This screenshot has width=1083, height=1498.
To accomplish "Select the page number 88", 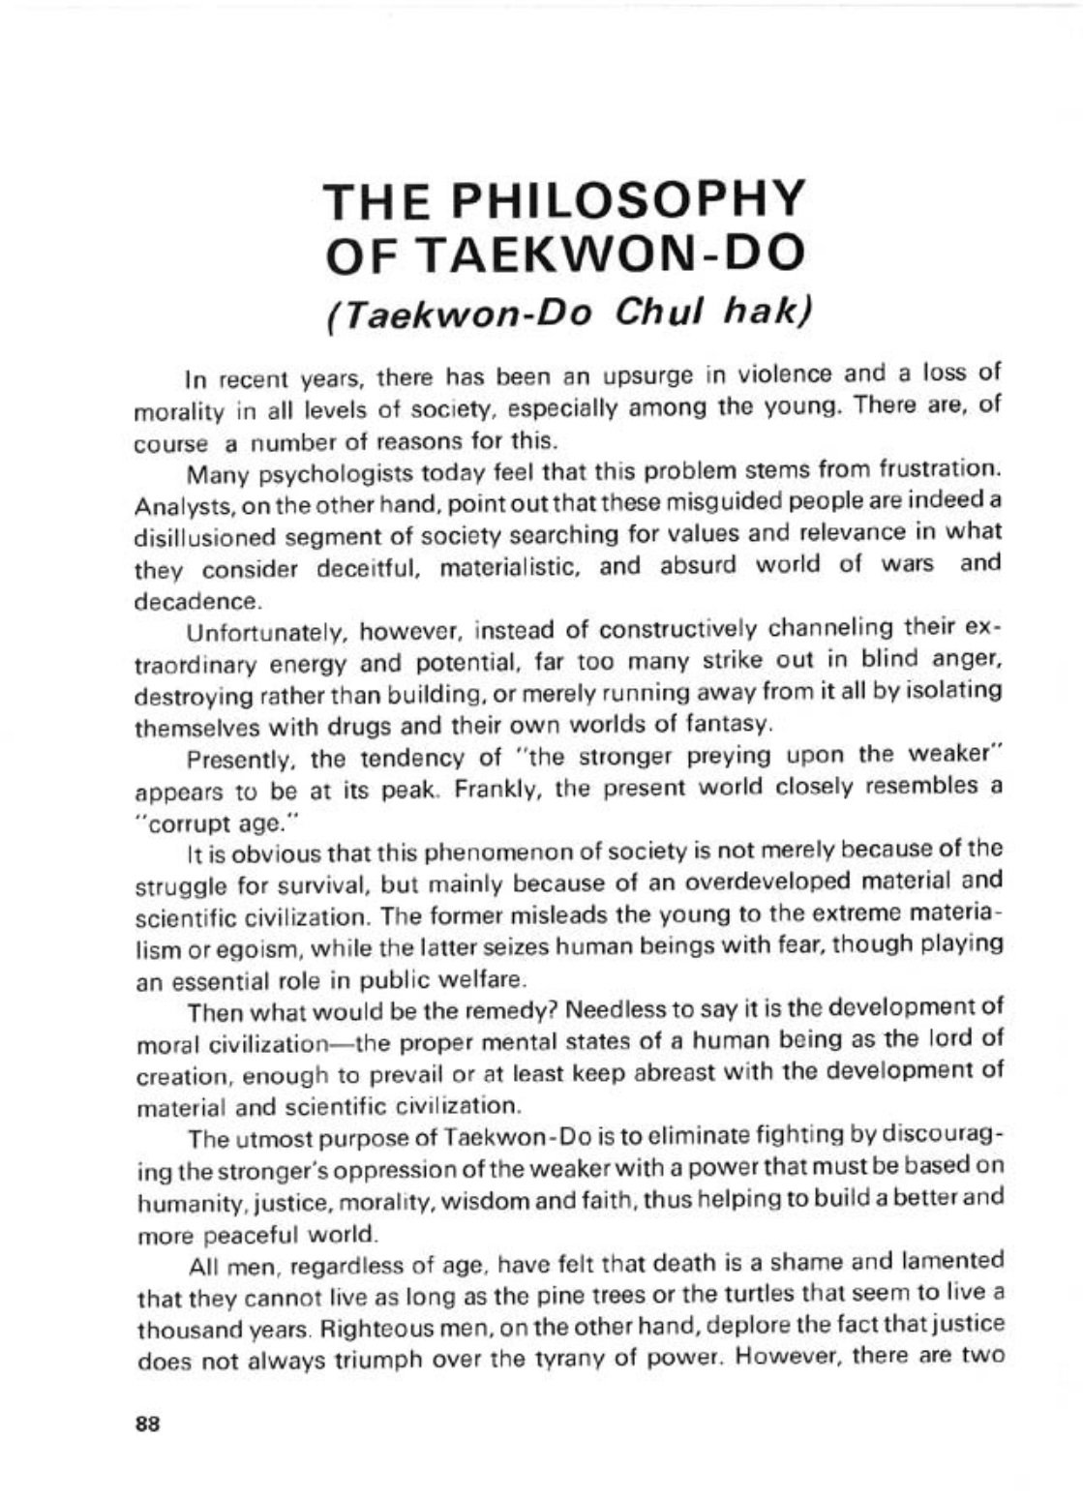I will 148,1423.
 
